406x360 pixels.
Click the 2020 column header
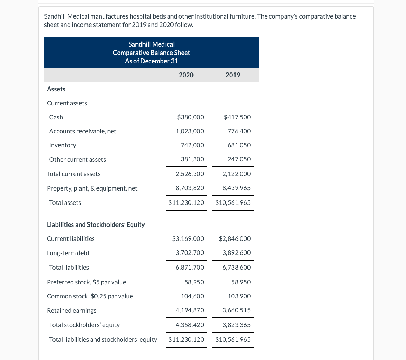[x=186, y=75]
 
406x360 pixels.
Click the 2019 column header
[x=233, y=75]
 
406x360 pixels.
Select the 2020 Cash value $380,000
[x=190, y=117]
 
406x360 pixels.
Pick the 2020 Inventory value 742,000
[x=192, y=145]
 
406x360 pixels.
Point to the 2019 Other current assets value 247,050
[x=239, y=159]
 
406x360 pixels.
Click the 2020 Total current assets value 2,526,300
[x=190, y=174]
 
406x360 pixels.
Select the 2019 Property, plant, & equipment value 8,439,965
[x=236, y=188]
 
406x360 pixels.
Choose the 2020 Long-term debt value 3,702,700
[x=190, y=253]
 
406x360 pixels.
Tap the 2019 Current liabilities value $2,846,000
[x=234, y=239]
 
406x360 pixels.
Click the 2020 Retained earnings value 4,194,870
[x=190, y=310]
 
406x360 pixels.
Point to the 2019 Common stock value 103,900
[x=239, y=296]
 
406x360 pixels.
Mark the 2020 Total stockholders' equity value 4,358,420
[x=190, y=325]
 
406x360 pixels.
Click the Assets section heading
[x=56, y=89]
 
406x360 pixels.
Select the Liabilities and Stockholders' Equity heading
[x=96, y=224]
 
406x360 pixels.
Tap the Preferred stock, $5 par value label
[x=86, y=282]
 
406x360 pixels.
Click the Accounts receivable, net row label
[x=83, y=131]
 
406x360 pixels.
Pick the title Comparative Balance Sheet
[x=151, y=53]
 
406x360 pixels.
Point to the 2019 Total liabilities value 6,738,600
[x=236, y=268]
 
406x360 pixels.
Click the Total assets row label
[x=65, y=203]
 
